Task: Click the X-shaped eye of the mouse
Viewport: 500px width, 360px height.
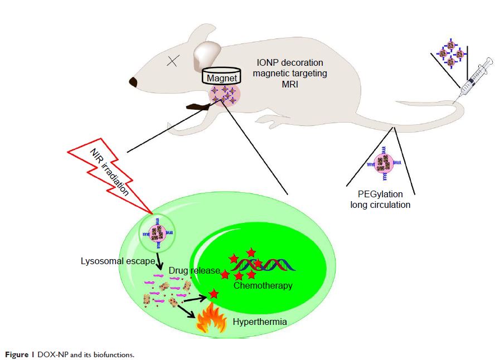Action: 173,62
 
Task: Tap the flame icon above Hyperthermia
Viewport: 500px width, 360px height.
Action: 210,320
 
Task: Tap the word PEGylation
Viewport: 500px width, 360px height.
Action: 381,194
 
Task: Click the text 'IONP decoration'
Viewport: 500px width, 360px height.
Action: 289,62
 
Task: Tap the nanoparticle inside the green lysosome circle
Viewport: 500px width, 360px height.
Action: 156,229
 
